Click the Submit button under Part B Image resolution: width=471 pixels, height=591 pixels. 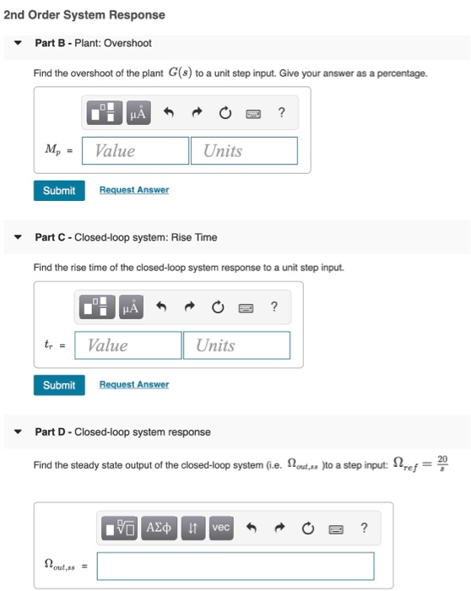coord(59,191)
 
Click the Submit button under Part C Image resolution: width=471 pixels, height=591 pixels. coord(59,385)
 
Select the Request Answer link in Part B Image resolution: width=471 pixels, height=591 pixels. coord(133,191)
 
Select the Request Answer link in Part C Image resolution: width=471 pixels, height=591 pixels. coord(133,385)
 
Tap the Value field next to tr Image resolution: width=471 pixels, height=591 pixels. coord(128,345)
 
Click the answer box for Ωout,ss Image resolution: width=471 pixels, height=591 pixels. coord(235,566)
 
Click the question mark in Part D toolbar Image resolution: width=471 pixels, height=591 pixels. coord(364,528)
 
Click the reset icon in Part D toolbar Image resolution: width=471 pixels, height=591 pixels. coord(309,528)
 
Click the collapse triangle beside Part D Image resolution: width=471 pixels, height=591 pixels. coord(19,431)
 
